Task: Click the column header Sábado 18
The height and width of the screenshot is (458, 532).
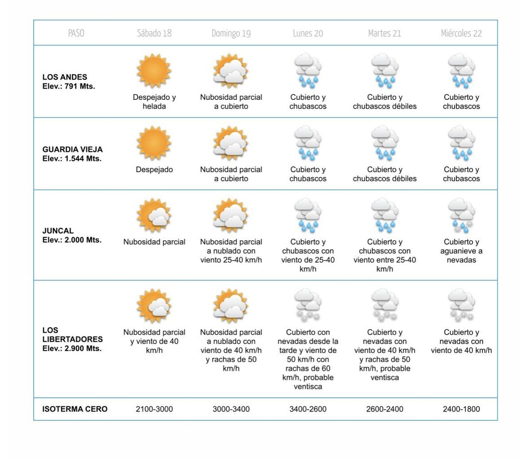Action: point(154,33)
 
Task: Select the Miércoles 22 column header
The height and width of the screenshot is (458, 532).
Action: point(461,33)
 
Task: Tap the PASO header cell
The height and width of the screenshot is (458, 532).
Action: point(76,33)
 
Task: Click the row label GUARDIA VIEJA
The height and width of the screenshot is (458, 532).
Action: point(72,149)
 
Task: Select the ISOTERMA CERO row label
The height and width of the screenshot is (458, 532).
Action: point(75,409)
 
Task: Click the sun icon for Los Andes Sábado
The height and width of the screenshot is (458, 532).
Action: point(154,71)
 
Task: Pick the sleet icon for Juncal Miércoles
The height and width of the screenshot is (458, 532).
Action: point(461,215)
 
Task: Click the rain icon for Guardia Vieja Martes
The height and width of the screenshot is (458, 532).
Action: point(384,143)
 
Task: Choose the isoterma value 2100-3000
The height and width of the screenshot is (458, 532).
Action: point(154,409)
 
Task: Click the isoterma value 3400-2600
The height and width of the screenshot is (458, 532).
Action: point(308,409)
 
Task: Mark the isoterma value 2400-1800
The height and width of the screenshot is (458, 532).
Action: point(461,409)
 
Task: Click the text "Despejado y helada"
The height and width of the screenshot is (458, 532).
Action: point(154,102)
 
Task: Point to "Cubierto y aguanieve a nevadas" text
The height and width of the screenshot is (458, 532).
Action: point(461,251)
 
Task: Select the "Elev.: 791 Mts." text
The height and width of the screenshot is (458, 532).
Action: point(69,86)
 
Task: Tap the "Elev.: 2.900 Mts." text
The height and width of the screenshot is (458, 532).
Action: point(72,348)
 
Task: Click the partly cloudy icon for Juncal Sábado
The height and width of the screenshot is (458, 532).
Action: point(154,215)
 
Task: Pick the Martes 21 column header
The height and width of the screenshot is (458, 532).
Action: point(384,33)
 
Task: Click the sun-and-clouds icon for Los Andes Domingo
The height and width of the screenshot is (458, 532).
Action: point(231,71)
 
